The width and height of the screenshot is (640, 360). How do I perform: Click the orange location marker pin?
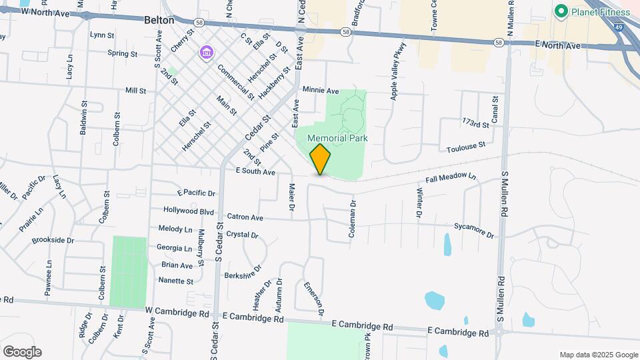pyautogui.click(x=320, y=159)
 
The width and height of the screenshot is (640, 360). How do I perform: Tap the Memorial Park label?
pyautogui.click(x=338, y=138)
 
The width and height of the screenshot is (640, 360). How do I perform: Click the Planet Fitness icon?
pyautogui.click(x=561, y=11)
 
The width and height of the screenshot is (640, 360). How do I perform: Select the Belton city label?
pyautogui.click(x=159, y=20)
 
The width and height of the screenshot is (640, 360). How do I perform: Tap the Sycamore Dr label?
pyautogui.click(x=474, y=231)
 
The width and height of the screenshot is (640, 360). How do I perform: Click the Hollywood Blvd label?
pyautogui.click(x=189, y=211)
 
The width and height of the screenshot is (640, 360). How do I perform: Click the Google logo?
pyautogui.click(x=22, y=352)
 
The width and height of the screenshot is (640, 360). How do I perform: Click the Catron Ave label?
pyautogui.click(x=245, y=217)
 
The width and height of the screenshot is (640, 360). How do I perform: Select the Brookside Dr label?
pyautogui.click(x=53, y=240)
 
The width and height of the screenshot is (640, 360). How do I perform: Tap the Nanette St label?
pyautogui.click(x=176, y=281)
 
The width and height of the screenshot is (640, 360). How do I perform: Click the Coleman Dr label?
pyautogui.click(x=353, y=221)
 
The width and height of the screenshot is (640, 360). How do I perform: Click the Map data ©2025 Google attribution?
pyautogui.click(x=597, y=355)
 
